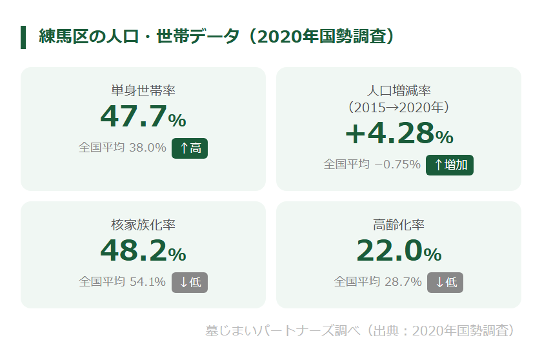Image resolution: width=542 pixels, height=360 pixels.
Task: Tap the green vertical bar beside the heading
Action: click(x=23, y=37)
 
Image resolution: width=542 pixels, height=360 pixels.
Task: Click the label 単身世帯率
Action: click(x=143, y=90)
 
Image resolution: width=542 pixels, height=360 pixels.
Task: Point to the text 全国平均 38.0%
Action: click(x=123, y=147)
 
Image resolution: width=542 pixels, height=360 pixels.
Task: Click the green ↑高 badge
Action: click(x=190, y=148)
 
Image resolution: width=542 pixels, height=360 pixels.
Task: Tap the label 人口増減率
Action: click(x=399, y=90)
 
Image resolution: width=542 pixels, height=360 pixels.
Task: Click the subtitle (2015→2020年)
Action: click(x=399, y=106)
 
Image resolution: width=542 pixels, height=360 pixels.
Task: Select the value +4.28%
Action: click(x=399, y=134)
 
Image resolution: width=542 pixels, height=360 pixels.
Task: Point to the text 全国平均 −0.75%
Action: click(x=372, y=164)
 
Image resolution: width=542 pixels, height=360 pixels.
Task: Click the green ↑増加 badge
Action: click(x=450, y=165)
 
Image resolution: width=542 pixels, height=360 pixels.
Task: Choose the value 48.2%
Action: click(x=143, y=252)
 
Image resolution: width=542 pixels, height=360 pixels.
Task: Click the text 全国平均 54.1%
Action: click(x=123, y=282)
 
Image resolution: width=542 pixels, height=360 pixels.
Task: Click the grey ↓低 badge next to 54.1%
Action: click(x=190, y=282)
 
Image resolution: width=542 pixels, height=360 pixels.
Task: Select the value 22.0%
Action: click(x=399, y=252)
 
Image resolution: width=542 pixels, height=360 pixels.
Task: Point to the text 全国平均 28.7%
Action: click(x=378, y=282)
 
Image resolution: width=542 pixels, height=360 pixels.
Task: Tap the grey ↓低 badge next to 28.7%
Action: click(x=445, y=282)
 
